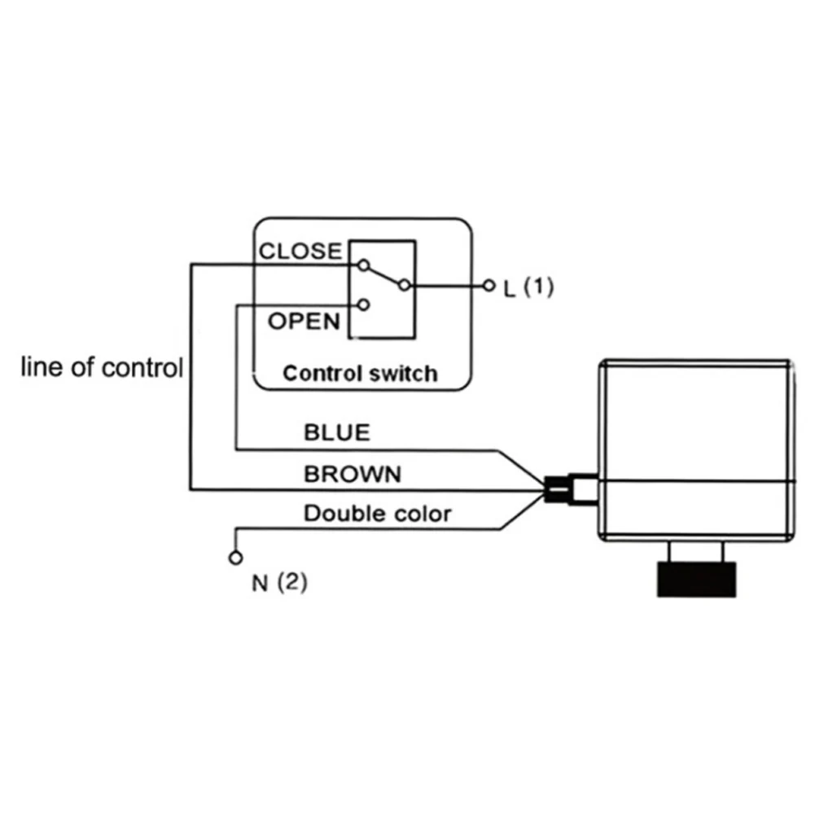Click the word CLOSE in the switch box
point(300,251)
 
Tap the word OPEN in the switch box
point(304,321)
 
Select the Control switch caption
point(359,374)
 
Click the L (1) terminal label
point(528,287)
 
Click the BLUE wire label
point(336,432)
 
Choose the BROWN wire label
point(353,474)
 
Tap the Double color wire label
point(377,514)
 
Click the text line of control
point(101,367)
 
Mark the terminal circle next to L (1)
point(489,286)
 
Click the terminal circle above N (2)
point(235,559)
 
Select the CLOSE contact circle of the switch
point(363,265)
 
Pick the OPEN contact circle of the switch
point(363,305)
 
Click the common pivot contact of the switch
point(403,285)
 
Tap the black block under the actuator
point(697,579)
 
